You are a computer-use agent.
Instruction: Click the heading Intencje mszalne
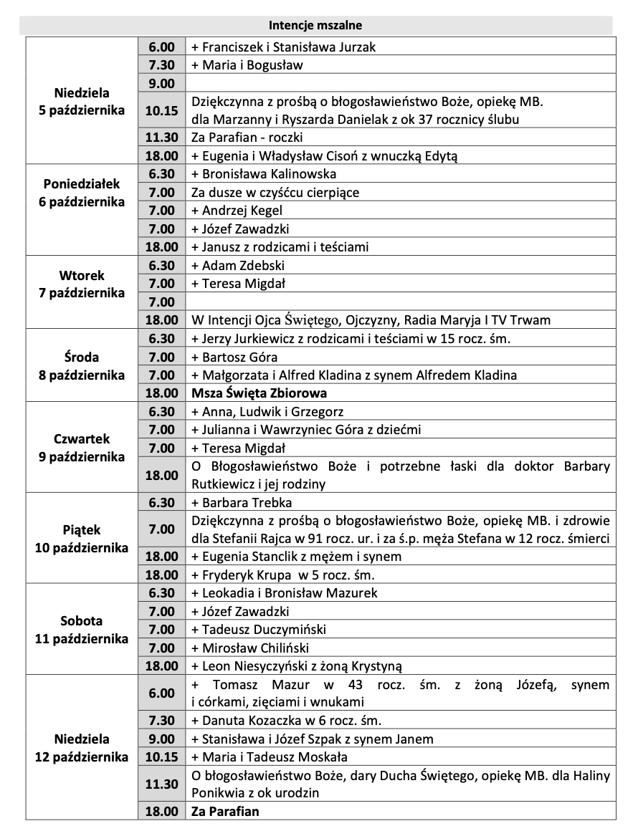tap(315, 26)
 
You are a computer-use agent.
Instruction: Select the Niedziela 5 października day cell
tap(82, 102)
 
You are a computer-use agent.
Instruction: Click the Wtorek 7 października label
tap(82, 284)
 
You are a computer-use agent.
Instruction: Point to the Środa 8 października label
tap(82, 365)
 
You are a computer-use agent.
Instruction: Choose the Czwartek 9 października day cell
tap(82, 447)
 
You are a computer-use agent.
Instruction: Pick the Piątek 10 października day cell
tap(82, 539)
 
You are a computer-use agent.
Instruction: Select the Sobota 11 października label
tap(82, 630)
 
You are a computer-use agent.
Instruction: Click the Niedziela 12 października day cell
tap(82, 747)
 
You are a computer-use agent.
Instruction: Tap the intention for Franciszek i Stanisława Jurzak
tap(282, 47)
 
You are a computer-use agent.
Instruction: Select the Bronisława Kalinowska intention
tap(263, 174)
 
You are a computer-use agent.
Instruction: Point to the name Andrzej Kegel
tap(237, 211)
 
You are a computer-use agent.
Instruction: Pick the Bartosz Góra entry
tap(234, 357)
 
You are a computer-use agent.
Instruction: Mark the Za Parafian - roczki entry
tap(242, 138)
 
